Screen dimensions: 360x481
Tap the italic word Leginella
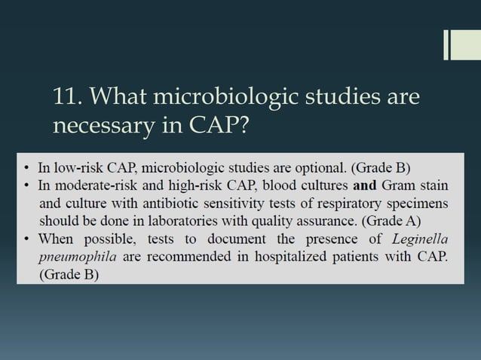(x=421, y=239)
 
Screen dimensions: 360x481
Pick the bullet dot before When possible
(x=27, y=239)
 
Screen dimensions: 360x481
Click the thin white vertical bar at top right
(x=446, y=44)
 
